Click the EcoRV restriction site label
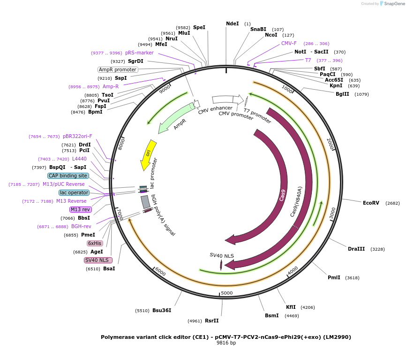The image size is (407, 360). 371,203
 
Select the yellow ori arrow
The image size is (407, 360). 148,154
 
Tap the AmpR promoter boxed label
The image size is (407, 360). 118,69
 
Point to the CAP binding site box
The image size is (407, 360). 68,176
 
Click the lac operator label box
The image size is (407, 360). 74,192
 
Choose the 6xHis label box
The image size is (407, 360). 95,243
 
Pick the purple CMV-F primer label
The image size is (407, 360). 289,43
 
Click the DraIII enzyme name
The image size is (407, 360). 356,249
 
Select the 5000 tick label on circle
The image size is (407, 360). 227,293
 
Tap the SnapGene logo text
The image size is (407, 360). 393,4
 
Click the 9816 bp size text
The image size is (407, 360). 226,343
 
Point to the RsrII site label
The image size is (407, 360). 211,321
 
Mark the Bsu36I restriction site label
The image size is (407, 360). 162,310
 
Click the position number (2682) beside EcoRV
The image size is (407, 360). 392,203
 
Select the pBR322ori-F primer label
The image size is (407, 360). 77,136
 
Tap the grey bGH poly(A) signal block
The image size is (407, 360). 145,202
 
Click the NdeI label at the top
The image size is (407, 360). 232,23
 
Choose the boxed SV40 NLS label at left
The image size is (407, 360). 95,260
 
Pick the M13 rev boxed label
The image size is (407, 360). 80,209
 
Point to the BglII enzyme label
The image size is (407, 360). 342,94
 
